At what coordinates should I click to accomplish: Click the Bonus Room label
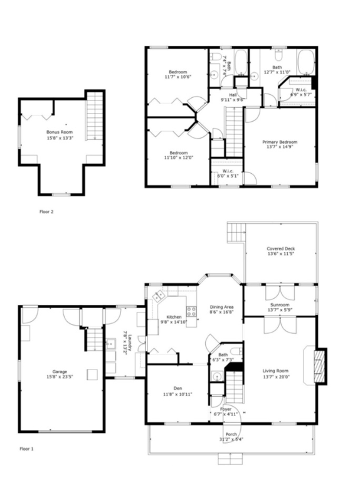60,132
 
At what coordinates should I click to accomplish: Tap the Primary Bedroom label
280,142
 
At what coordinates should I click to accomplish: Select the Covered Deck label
280,249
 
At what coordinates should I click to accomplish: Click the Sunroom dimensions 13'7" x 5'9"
280,309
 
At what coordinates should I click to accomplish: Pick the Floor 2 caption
46,211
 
